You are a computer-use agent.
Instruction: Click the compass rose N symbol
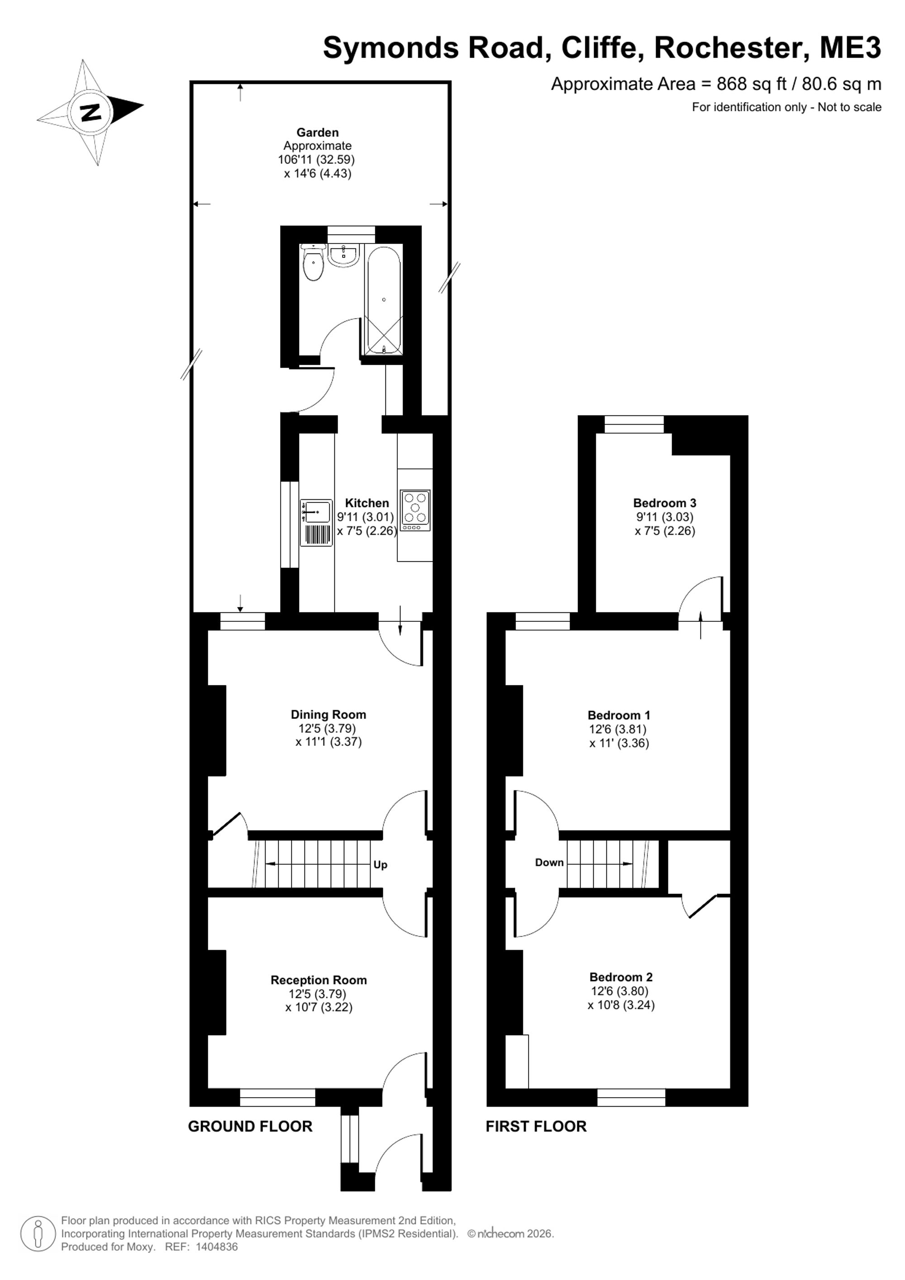pos(90,112)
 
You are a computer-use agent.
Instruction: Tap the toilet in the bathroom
pos(314,263)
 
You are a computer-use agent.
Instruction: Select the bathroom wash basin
pos(344,255)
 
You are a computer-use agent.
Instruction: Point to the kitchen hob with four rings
pos(415,510)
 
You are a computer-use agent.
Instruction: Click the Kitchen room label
pos(367,503)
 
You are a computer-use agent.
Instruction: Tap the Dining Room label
pos(328,715)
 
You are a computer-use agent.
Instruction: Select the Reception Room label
pos(319,980)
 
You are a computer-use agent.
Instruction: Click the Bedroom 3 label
pos(665,503)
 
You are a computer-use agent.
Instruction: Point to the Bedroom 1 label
pos(619,715)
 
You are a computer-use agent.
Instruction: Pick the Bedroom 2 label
pos(621,977)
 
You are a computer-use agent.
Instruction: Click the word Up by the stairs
pos(380,864)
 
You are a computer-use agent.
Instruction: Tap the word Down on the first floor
pos(549,862)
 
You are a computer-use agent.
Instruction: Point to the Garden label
pos(318,132)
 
